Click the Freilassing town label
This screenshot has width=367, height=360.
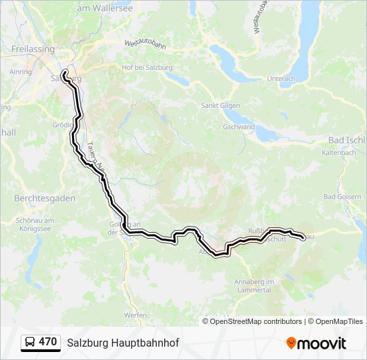33,49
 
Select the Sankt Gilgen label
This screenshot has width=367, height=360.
221,105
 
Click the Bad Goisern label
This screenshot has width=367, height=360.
341,197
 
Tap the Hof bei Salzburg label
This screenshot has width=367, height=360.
146,68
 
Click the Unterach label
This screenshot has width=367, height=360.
281,79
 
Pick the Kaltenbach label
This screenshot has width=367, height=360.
340,153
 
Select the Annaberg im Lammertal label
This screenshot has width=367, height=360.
254,285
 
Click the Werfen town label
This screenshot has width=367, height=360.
135,315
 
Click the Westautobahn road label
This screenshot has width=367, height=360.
145,44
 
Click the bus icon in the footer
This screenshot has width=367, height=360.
29,343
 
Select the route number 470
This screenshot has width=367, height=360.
48,342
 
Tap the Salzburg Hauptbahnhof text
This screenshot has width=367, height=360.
123,343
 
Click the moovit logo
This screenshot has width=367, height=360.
316,343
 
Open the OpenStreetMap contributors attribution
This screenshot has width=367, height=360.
256,321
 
